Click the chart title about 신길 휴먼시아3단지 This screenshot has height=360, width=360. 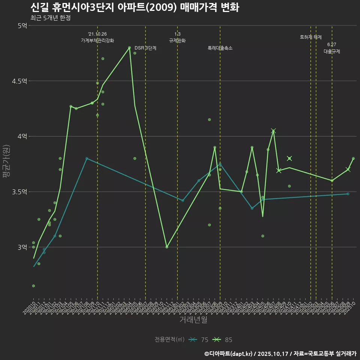[135, 7]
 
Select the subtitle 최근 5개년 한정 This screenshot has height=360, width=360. [50, 18]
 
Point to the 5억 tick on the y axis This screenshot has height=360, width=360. [22, 25]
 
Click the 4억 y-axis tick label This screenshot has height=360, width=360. [22, 136]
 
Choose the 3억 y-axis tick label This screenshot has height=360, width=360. [22, 247]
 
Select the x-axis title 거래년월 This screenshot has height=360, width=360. [193, 320]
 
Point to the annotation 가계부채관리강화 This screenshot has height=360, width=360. [97, 40]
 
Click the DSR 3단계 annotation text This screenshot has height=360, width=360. [145, 48]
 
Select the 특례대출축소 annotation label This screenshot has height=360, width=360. [220, 48]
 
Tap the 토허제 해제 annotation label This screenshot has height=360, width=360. [311, 37]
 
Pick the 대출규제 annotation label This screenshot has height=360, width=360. [332, 52]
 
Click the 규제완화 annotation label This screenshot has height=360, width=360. [177, 40]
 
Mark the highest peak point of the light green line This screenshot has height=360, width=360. [129, 48]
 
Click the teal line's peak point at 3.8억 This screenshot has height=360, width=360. [87, 158]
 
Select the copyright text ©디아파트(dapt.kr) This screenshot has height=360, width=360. [229, 354]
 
